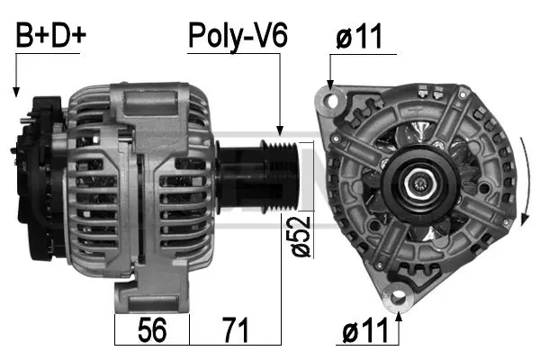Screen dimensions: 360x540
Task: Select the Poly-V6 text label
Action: (x=237, y=35)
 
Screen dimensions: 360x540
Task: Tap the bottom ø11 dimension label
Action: (x=370, y=330)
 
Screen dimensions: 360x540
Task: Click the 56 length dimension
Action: (x=153, y=330)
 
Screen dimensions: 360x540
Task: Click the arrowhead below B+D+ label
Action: (x=15, y=91)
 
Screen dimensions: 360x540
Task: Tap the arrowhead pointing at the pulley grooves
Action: (x=282, y=132)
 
